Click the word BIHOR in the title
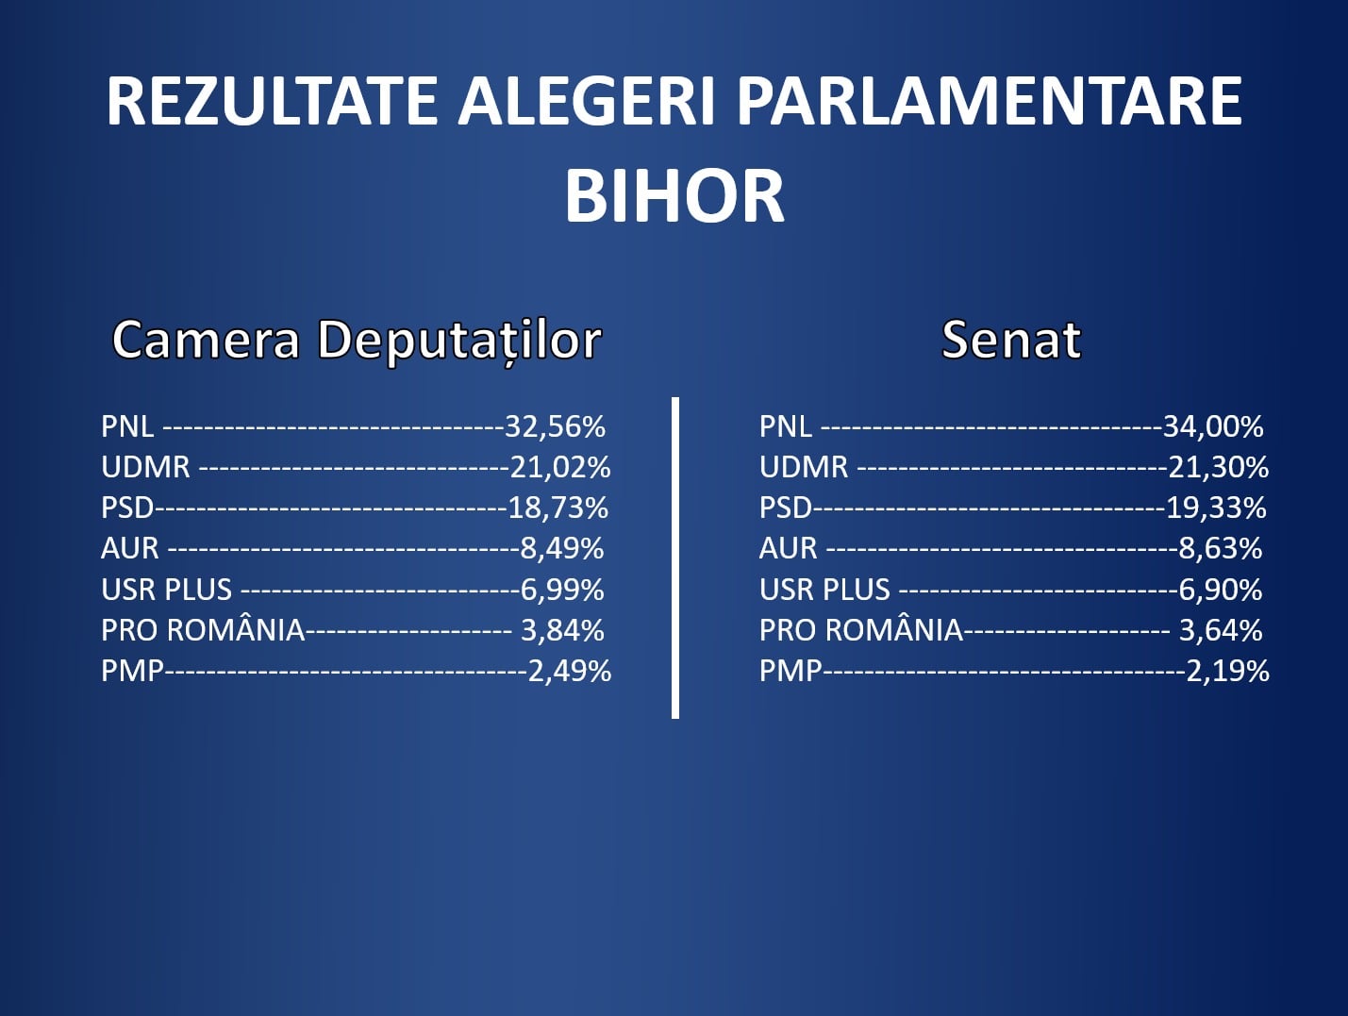tap(674, 196)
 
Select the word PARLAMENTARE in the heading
tap(990, 101)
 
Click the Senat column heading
tap(1011, 340)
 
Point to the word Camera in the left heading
tap(206, 340)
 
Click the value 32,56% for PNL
tap(556, 426)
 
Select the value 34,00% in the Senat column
tap(1213, 426)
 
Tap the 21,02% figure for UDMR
tap(560, 467)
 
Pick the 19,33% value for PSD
tap(1216, 508)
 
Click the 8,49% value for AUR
tap(562, 548)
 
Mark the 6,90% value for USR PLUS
tap(1221, 590)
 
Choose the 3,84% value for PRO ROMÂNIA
tap(562, 630)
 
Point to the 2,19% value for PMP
tap(1227, 671)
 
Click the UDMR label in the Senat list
tap(804, 467)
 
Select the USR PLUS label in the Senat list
tap(824, 590)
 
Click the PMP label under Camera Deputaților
tap(133, 671)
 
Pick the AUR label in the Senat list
tap(789, 548)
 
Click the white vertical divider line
tap(675, 558)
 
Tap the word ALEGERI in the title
tap(587, 101)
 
